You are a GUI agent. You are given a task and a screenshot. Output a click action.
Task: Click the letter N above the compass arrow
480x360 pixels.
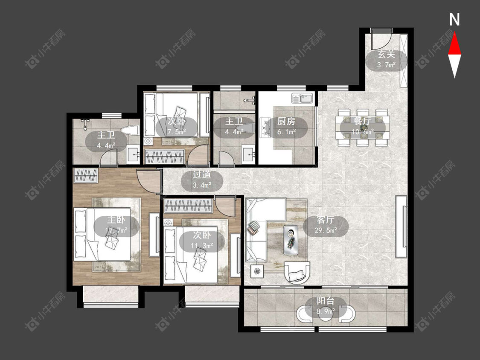point(454,20)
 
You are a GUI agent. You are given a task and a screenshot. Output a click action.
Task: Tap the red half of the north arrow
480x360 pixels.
point(454,44)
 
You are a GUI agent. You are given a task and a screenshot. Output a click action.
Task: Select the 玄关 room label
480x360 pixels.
point(386,55)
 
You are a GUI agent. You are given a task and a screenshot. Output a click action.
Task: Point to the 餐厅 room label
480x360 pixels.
point(362,121)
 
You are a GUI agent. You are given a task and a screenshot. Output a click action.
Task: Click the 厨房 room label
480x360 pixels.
point(286,121)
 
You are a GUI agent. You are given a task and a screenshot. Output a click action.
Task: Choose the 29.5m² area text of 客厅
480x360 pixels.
point(326,230)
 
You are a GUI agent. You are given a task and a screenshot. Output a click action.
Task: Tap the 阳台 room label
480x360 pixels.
point(326,301)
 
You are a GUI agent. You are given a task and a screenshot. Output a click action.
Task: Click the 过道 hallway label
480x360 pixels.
point(202,174)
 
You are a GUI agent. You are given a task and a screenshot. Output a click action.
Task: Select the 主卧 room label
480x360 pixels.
point(116,220)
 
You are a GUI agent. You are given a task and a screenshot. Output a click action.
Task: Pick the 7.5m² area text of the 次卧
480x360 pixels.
point(177,132)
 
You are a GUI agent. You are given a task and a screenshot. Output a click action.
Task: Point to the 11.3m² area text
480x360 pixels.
point(202,246)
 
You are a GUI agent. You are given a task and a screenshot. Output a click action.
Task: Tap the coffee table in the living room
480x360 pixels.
point(291,240)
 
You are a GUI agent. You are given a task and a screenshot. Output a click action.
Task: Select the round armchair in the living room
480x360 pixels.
point(297,272)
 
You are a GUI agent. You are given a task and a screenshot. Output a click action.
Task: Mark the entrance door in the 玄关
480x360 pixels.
point(381,40)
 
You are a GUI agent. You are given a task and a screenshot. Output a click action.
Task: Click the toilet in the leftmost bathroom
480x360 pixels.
point(130,130)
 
